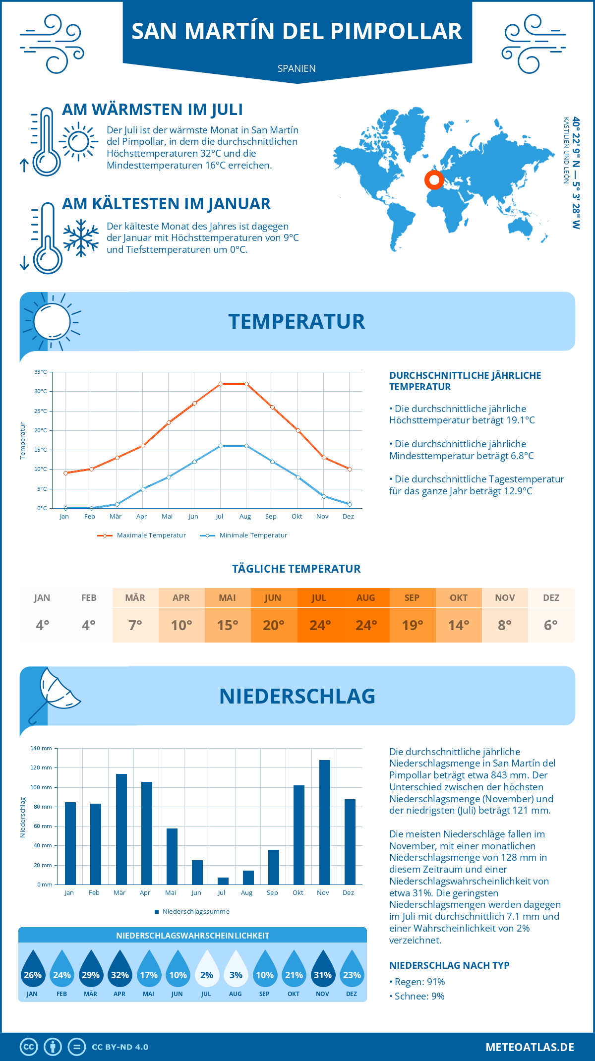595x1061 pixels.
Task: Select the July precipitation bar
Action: click(x=223, y=881)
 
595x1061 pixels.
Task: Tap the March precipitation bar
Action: click(x=121, y=829)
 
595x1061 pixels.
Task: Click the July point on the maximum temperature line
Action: click(x=221, y=384)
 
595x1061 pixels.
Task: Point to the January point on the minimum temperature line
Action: click(x=65, y=508)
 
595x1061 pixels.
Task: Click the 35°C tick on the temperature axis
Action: click(x=41, y=372)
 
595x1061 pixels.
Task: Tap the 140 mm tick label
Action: click(x=41, y=748)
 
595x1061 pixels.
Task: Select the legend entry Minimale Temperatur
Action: click(x=253, y=535)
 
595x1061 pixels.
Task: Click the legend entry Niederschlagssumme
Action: click(x=196, y=911)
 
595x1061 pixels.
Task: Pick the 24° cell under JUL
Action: click(x=320, y=625)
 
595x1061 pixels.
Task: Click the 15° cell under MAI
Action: click(x=228, y=625)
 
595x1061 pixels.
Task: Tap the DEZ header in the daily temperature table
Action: click(x=551, y=598)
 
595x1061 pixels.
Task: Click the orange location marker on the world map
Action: click(x=434, y=180)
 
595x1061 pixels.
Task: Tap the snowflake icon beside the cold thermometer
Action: click(x=81, y=238)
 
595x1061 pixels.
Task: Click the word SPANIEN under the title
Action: click(x=297, y=68)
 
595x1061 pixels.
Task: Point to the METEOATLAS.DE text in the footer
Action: click(x=530, y=1047)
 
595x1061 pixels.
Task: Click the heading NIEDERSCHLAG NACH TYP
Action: click(x=449, y=965)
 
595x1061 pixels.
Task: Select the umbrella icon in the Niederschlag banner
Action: click(x=55, y=694)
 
